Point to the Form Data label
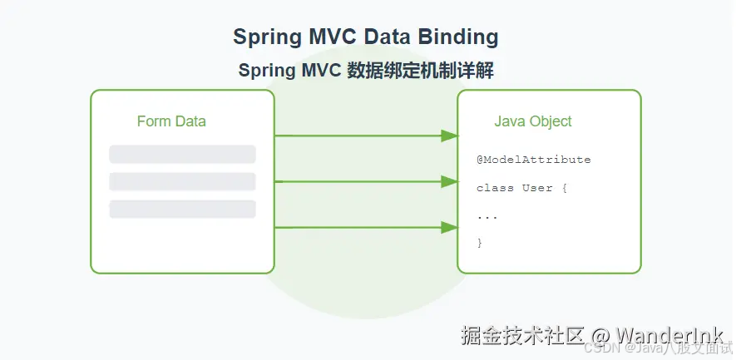171,121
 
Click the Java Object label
533,121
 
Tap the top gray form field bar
182,155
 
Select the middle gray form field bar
182,182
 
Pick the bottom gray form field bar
182,210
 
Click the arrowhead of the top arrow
450,136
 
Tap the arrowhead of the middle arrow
450,181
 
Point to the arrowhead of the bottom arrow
450,227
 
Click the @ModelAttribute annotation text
533,160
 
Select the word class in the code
495,188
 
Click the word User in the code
537,188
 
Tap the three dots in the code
487,216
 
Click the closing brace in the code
480,243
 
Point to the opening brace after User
564,188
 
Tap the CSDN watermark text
599,349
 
